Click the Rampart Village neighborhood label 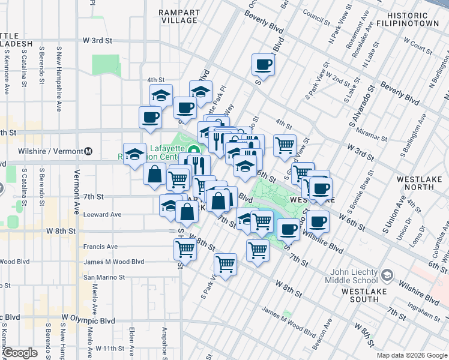click(x=178, y=16)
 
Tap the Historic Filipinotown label click(x=416, y=19)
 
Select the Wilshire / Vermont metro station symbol click(x=88, y=151)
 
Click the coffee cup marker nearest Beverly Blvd click(x=263, y=64)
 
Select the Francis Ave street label click(x=100, y=247)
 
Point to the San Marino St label click(x=104, y=277)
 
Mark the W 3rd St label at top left click(x=98, y=41)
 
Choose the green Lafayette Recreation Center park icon click(x=193, y=150)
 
